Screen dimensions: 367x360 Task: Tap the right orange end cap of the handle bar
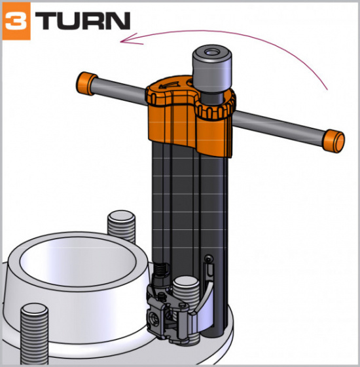pos(334,140)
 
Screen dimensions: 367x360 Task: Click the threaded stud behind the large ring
pos(122,225)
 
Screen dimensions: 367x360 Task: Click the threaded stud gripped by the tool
pos(185,292)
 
